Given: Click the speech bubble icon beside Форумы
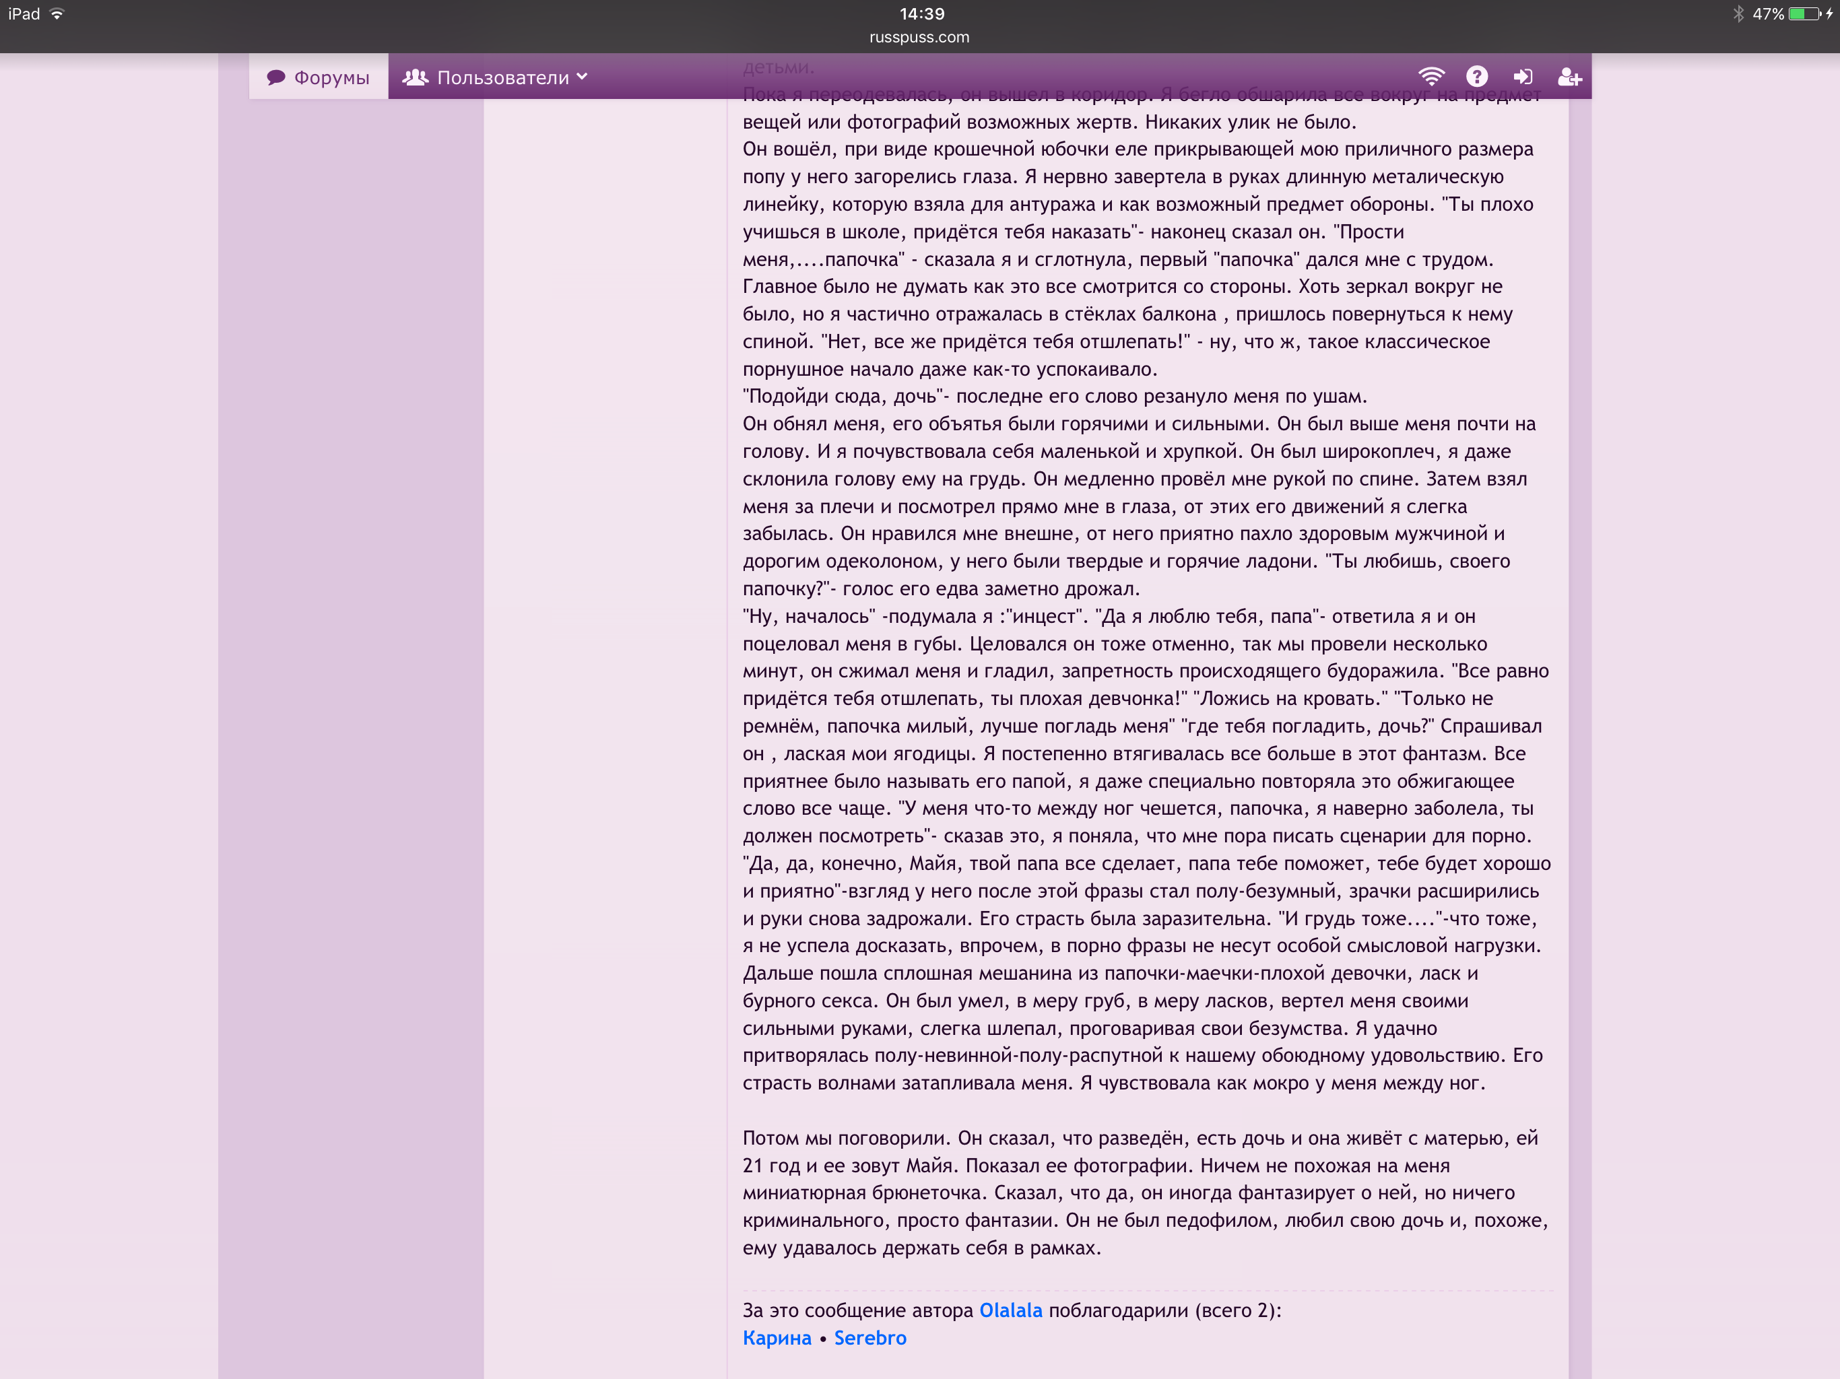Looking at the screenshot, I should tap(276, 77).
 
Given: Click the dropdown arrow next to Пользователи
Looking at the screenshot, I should tap(583, 77).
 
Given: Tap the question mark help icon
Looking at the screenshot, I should tap(1476, 77).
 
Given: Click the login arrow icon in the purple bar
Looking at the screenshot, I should tap(1522, 77).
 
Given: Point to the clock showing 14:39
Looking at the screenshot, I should tap(921, 14).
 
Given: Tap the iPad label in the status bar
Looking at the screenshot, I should tap(24, 14).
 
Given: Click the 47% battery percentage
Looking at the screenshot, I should tap(1768, 14).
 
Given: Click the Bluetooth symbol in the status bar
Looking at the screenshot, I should tap(1738, 14).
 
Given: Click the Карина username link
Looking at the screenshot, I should tap(776, 1337).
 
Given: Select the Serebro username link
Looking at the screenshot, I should tap(870, 1337).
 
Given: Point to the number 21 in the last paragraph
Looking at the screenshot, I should tap(752, 1166).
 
